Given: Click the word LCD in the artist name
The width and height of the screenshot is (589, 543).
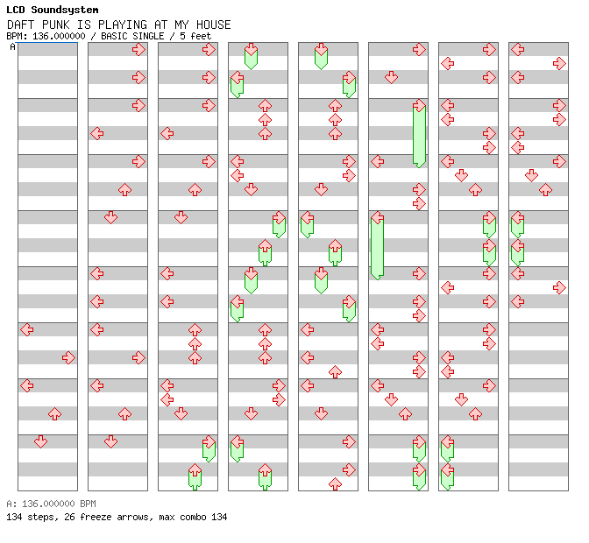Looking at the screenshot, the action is click(16, 10).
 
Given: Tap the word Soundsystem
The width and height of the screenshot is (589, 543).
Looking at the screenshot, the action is click(65, 10).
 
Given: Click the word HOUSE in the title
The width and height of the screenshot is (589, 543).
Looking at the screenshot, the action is click(213, 25).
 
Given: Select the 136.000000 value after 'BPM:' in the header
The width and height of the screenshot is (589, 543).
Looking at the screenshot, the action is click(59, 36).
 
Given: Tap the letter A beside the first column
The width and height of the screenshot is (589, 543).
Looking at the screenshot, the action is click(12, 47).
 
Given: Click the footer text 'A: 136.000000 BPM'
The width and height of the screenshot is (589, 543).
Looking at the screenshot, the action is click(51, 504).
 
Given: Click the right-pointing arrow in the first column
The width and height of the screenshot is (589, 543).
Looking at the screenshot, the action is click(68, 357).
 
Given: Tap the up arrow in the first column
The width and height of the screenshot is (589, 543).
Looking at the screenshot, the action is click(54, 414).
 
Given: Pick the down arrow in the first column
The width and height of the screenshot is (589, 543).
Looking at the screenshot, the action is click(40, 441).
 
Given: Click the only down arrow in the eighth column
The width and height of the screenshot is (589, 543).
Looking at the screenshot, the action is click(531, 175).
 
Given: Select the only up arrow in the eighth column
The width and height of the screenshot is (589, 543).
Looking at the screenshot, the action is click(545, 189).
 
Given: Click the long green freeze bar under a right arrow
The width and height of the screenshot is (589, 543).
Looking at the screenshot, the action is click(419, 137).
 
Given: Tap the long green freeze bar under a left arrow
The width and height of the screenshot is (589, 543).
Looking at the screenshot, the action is click(377, 250).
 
